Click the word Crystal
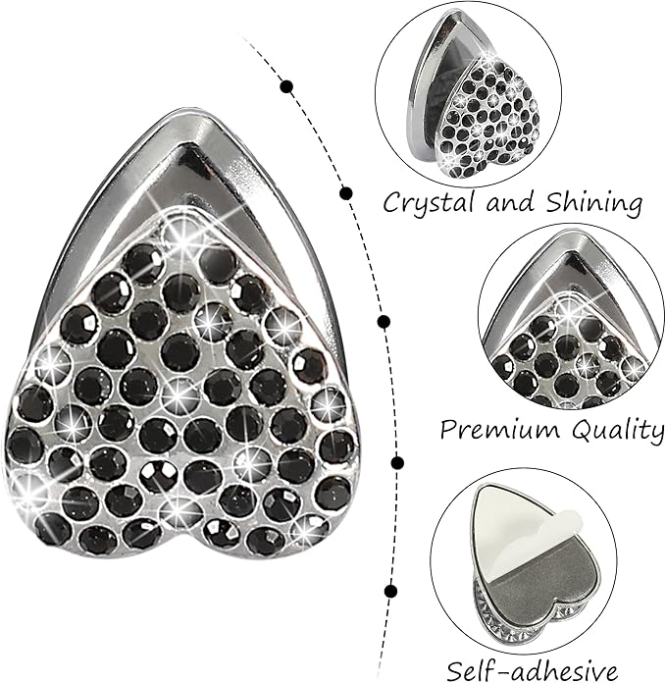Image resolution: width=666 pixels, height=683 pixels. pos(429,202)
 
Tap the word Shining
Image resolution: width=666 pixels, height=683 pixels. pos(593,203)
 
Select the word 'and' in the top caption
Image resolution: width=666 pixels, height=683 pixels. pos(510,202)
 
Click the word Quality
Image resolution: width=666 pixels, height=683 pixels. pos(618,431)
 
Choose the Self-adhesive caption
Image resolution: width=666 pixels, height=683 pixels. pos(533,671)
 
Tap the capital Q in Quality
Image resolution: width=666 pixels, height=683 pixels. pos(584,430)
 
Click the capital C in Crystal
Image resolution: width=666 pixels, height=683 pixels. pos(392,203)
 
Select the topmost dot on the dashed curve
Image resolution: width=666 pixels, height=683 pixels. pos(286,86)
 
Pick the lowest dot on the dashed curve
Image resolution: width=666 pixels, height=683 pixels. pos(391,591)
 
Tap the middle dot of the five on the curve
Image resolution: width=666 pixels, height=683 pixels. pos(384,322)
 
